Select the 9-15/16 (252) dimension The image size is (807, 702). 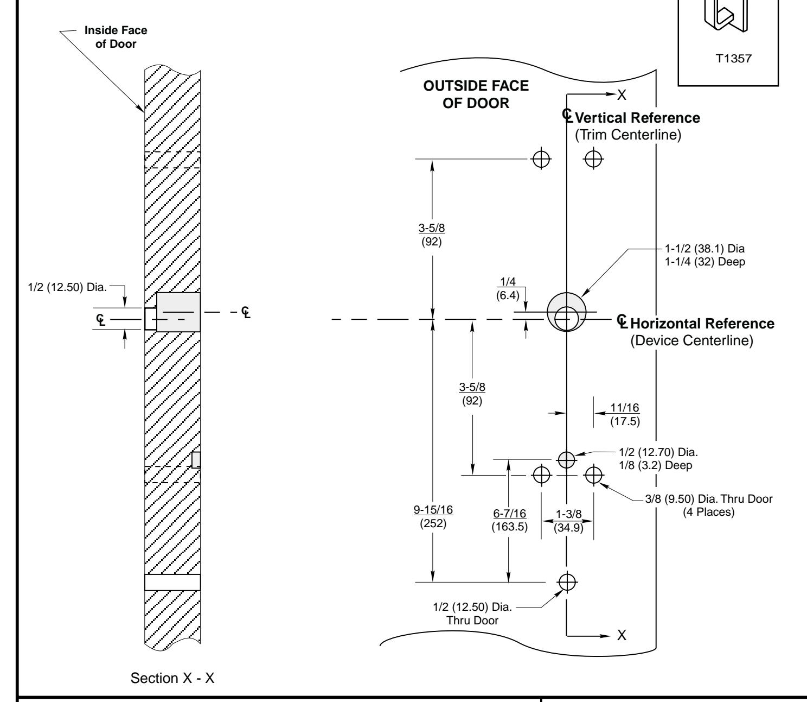tap(432, 516)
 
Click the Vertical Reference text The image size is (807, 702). tap(637, 118)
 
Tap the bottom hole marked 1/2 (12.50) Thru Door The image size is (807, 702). tap(566, 582)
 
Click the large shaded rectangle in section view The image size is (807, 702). tap(178, 312)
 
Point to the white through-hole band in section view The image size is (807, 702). tap(172, 582)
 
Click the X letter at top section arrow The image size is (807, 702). tap(622, 95)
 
